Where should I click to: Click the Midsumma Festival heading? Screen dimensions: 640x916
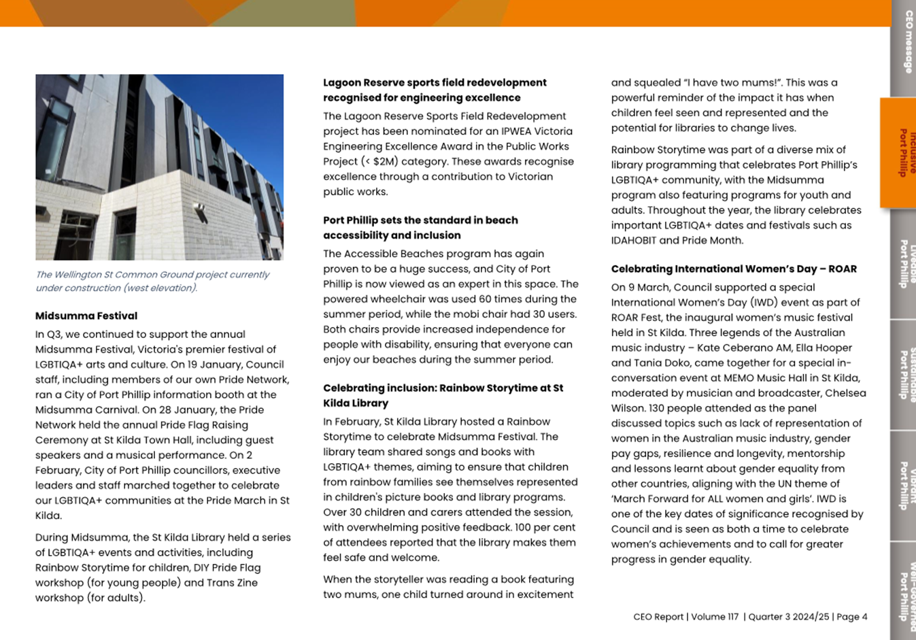pos(86,316)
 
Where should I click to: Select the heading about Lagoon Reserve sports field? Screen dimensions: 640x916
pos(435,90)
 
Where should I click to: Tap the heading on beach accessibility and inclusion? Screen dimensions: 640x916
pos(420,228)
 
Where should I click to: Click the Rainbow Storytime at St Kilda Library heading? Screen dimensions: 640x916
pos(443,395)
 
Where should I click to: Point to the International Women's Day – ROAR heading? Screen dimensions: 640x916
pos(734,269)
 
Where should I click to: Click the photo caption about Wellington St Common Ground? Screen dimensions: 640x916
pos(152,281)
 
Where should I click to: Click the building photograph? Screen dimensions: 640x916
pos(159,167)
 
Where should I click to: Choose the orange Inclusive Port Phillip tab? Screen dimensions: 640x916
pos(904,152)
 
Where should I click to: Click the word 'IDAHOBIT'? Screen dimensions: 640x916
pos(634,240)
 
